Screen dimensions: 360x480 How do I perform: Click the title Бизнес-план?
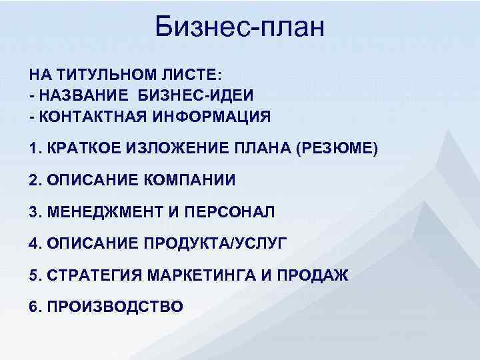pos(239,27)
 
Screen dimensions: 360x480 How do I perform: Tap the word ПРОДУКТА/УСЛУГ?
pos(215,244)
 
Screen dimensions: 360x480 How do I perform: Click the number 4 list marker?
pos(33,244)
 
